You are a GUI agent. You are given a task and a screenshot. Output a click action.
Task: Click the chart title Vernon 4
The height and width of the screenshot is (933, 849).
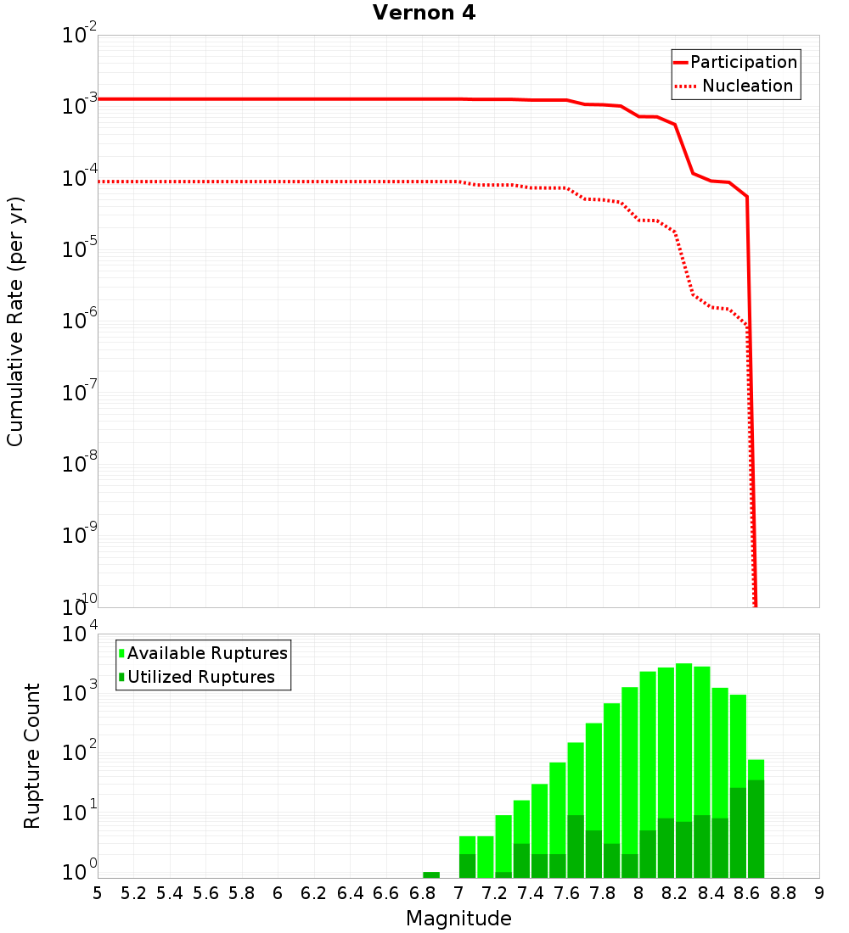click(x=424, y=13)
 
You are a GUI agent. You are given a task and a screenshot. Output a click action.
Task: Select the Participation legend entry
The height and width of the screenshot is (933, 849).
click(x=743, y=62)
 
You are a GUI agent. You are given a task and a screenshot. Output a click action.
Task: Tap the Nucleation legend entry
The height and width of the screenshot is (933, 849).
click(x=746, y=86)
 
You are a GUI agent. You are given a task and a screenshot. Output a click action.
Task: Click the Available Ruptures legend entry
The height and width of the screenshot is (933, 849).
click(x=207, y=653)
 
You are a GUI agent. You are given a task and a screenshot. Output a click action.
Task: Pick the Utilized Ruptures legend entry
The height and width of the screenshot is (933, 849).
click(x=200, y=677)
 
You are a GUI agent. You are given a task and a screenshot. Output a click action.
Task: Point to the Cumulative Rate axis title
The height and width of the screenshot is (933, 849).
click(x=15, y=321)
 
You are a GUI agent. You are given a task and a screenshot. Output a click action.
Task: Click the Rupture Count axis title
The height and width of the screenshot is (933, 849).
click(x=32, y=756)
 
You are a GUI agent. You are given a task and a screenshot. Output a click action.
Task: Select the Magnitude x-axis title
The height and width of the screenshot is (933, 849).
click(x=458, y=919)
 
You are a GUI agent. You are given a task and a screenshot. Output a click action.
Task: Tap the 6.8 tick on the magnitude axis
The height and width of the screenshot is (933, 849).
click(x=422, y=893)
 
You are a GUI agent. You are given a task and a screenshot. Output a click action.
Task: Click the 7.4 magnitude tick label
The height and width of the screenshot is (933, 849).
click(x=531, y=893)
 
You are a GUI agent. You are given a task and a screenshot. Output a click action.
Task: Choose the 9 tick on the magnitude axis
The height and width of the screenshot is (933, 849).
click(x=819, y=893)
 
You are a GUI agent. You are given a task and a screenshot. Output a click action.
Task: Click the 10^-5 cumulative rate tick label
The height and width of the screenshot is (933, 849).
click(x=80, y=249)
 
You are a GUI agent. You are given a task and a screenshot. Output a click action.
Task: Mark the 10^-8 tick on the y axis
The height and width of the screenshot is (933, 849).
click(x=80, y=463)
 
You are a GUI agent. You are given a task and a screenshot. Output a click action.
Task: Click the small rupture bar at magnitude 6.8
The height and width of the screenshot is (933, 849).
click(x=431, y=874)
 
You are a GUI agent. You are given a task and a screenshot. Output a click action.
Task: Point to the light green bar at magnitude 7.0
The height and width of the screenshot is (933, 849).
click(x=467, y=845)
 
